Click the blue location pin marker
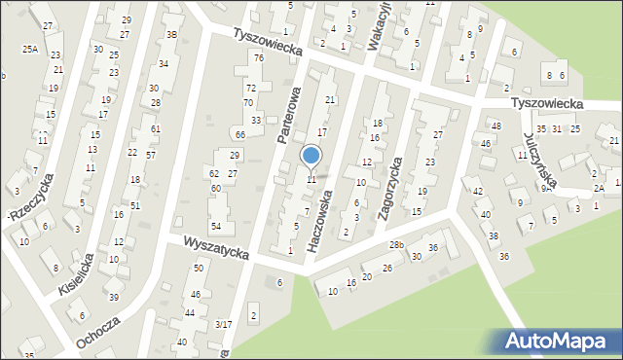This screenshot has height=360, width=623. click(x=311, y=157)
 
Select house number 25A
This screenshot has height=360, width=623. click(x=30, y=49)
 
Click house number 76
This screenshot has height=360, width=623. click(x=259, y=58)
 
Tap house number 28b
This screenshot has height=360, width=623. click(x=396, y=244)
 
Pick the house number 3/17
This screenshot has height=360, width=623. click(x=224, y=324)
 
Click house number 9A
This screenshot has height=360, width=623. click(x=547, y=189)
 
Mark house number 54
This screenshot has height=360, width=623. click(x=216, y=226)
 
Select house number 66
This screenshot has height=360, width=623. click(x=239, y=134)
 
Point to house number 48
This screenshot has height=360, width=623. click(x=495, y=126)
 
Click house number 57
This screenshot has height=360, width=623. click(x=151, y=155)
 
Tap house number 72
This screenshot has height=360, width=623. click(x=250, y=88)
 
